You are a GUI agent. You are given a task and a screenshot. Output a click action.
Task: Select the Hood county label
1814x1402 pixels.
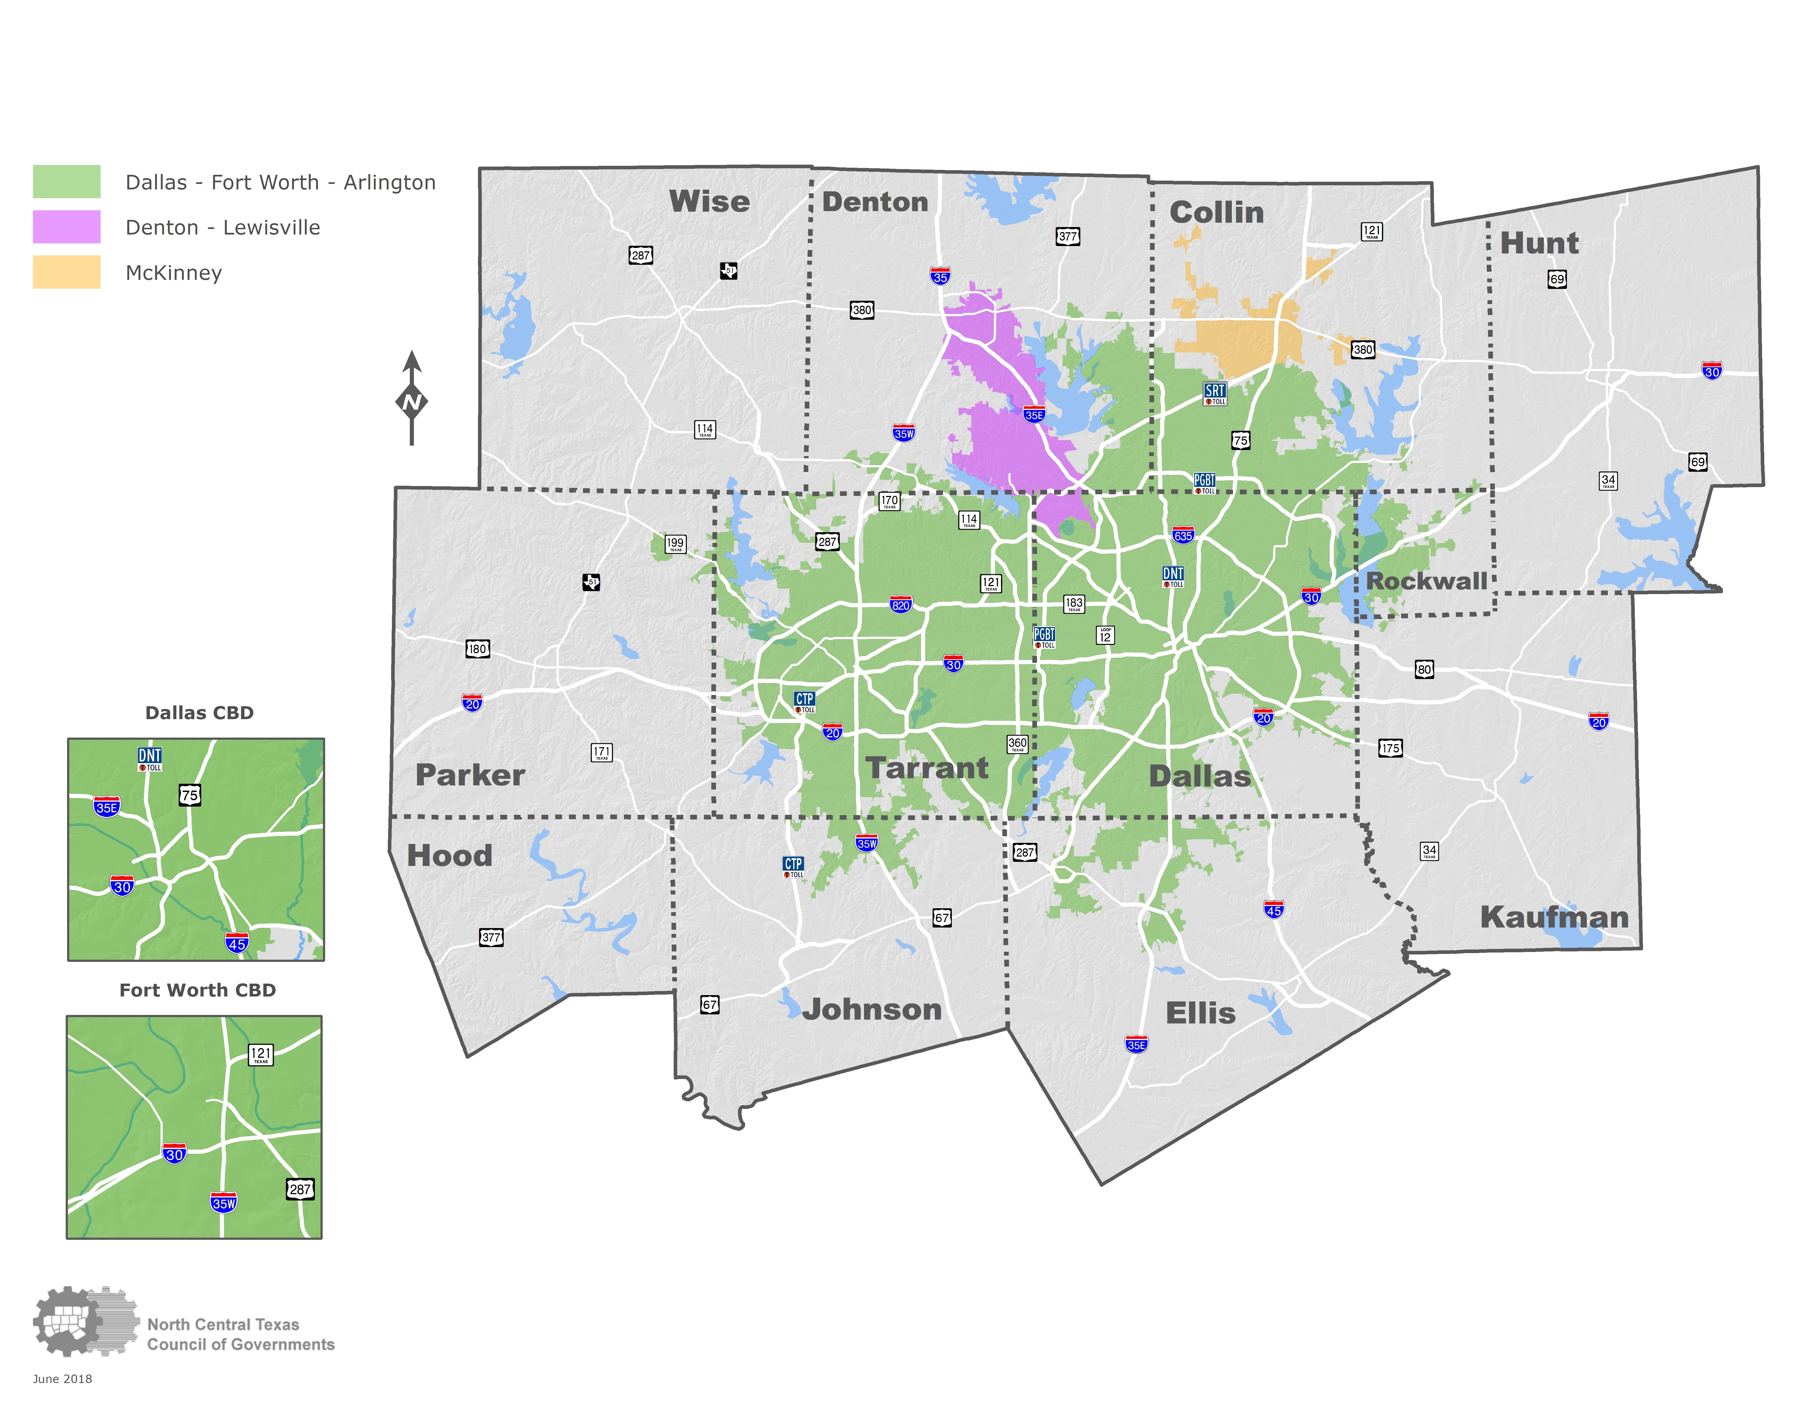[x=449, y=855]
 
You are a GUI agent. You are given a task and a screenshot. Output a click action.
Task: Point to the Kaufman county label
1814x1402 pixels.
[x=1554, y=917]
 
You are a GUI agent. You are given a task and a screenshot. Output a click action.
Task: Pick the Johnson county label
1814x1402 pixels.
[x=872, y=1009]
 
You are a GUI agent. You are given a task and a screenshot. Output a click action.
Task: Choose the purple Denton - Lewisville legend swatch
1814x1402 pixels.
[x=67, y=227]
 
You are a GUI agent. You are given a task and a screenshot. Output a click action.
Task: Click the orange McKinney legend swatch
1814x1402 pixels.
[x=67, y=272]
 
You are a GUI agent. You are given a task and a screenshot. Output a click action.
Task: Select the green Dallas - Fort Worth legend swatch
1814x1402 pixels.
[x=67, y=182]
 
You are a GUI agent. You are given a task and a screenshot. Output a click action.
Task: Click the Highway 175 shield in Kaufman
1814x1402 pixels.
[x=1390, y=747]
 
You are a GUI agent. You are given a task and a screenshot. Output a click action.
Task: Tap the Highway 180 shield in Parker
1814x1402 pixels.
[x=477, y=649]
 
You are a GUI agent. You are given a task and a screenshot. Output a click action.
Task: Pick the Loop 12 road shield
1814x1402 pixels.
[x=1105, y=635]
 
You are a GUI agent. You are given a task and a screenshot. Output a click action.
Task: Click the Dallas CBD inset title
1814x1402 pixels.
[x=199, y=713]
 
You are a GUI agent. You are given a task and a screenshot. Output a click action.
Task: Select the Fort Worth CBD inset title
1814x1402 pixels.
[x=198, y=990]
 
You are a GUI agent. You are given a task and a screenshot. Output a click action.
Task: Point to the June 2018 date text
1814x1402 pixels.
[x=62, y=1379]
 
